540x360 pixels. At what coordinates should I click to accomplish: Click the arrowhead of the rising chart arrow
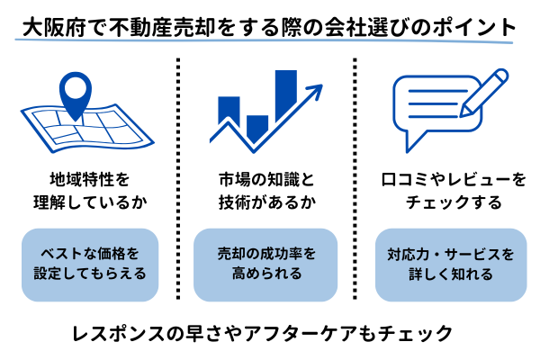click(x=315, y=90)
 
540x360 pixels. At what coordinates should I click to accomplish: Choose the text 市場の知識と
click(x=267, y=179)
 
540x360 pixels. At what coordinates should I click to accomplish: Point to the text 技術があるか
click(x=267, y=202)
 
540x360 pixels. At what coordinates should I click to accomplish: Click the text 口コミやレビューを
click(x=451, y=179)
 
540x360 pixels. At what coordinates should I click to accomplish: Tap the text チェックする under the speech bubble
click(x=451, y=202)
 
